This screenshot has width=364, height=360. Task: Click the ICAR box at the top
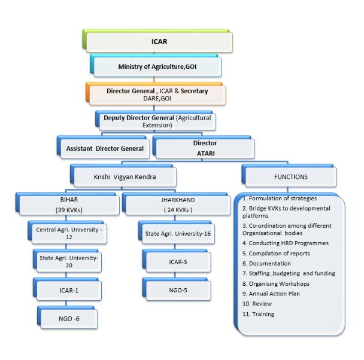pyautogui.click(x=158, y=42)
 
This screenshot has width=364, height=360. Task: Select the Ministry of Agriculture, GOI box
pyautogui.click(x=157, y=66)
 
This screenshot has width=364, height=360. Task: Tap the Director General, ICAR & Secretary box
pyautogui.click(x=157, y=94)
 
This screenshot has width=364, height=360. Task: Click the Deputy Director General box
pyautogui.click(x=157, y=121)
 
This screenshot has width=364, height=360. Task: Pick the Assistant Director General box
pyautogui.click(x=105, y=148)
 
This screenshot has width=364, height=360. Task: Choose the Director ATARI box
pyautogui.click(x=205, y=147)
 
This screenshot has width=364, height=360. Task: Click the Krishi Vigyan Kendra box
pyautogui.click(x=124, y=178)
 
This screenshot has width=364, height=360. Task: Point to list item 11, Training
pyautogui.click(x=259, y=314)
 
